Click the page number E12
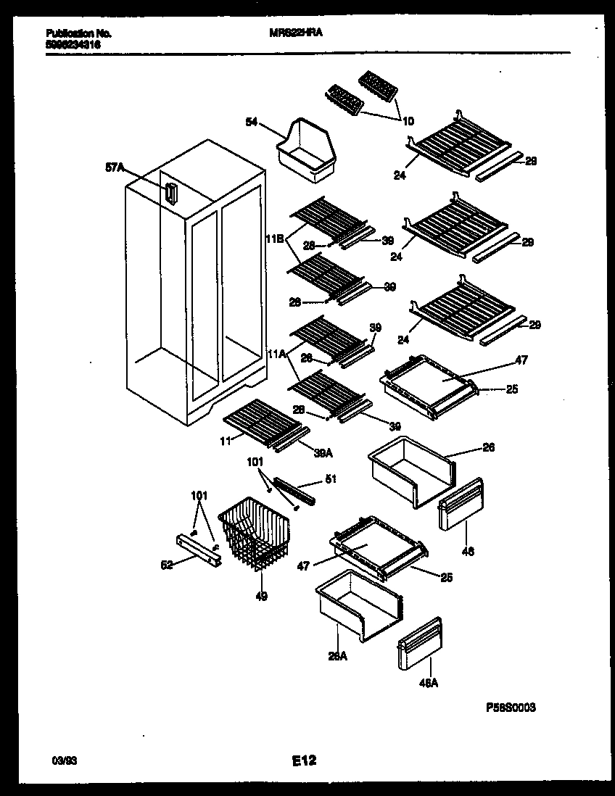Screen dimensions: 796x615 [305, 760]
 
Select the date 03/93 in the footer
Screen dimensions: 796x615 [63, 760]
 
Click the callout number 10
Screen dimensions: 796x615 [408, 120]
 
